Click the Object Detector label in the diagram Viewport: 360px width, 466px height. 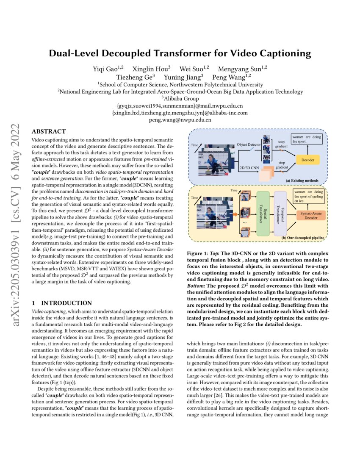coord(248,145)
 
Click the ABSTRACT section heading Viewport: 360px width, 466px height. coord(48,131)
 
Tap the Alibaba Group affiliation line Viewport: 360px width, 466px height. coord(180,99)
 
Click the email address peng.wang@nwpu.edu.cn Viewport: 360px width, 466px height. coord(180,120)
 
